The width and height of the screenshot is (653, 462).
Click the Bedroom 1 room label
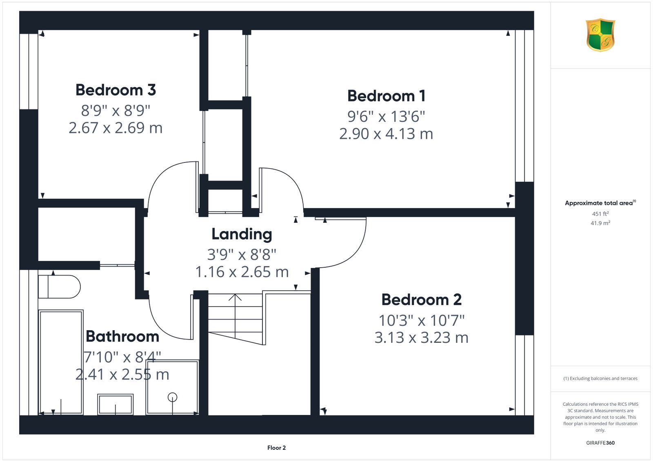pyautogui.click(x=386, y=96)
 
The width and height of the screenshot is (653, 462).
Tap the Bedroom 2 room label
pyautogui.click(x=422, y=300)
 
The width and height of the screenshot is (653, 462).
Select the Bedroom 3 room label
pyautogui.click(x=116, y=90)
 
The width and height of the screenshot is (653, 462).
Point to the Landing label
pyautogui.click(x=242, y=234)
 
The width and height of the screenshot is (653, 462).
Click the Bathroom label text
pyautogui.click(x=122, y=336)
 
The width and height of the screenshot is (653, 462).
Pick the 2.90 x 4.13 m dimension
pyautogui.click(x=386, y=134)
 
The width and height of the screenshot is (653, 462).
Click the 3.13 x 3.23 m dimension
pyautogui.click(x=422, y=338)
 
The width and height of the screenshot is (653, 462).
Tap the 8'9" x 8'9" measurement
pyautogui.click(x=116, y=111)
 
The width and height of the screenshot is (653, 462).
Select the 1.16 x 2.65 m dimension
pyautogui.click(x=242, y=272)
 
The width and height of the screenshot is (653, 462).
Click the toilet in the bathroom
pyautogui.click(x=60, y=287)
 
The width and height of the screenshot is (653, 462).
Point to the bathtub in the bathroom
pyautogui.click(x=61, y=362)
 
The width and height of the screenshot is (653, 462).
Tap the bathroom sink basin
pyautogui.click(x=115, y=404)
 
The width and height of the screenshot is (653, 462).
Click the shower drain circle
pyautogui.click(x=172, y=397)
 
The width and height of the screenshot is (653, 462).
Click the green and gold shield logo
pyautogui.click(x=600, y=35)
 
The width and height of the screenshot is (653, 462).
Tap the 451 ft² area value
pyautogui.click(x=600, y=214)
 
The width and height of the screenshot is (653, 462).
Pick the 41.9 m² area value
pyautogui.click(x=600, y=223)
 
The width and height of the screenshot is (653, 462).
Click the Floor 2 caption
pyautogui.click(x=277, y=448)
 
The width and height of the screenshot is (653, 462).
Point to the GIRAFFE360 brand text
pyautogui.click(x=600, y=443)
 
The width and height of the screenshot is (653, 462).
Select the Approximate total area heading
pyautogui.click(x=600, y=203)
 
